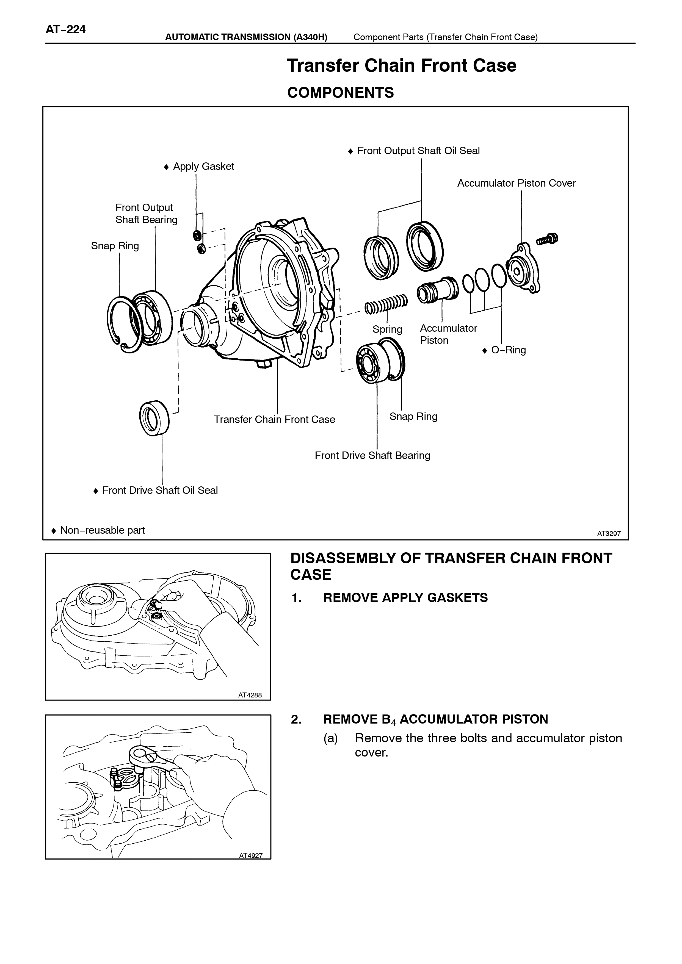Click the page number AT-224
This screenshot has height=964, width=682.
65,29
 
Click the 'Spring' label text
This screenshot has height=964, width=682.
387,329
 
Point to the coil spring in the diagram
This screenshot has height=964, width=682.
385,304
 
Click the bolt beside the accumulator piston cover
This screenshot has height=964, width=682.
547,239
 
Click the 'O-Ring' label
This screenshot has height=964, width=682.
504,350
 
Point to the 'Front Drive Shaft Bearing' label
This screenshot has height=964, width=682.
372,456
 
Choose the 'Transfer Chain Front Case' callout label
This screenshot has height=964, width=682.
275,419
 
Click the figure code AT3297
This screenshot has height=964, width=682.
609,534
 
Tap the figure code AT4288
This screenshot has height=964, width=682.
250,695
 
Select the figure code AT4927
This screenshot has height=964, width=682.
251,855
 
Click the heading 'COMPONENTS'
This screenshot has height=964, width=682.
341,93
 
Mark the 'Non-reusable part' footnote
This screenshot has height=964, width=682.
98,530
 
